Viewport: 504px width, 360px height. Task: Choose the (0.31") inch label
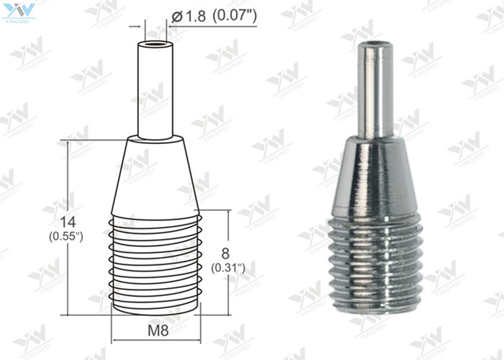pyautogui.click(x=229, y=267)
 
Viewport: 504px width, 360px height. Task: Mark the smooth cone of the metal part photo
pyautogui.click(x=376, y=173)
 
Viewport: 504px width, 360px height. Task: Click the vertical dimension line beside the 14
pyautogui.click(x=68, y=180)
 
